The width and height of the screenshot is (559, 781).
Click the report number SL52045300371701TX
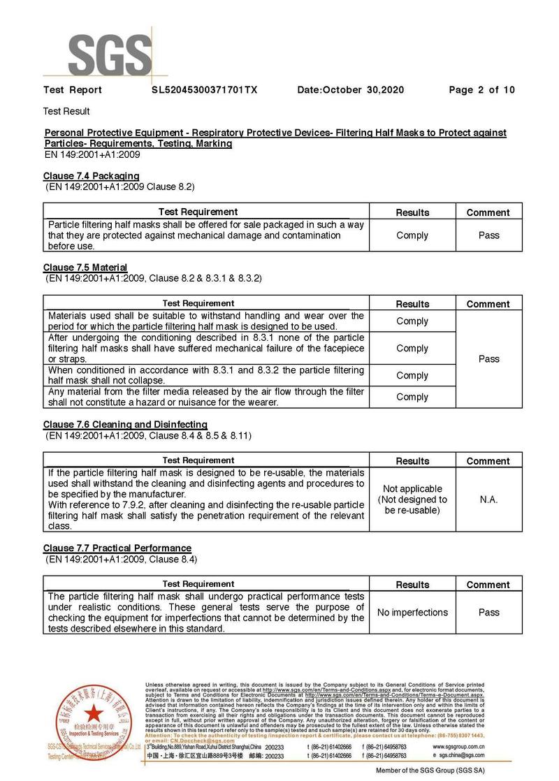click(x=205, y=90)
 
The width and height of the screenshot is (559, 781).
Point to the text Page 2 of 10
click(x=481, y=90)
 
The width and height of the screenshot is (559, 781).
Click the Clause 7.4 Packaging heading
click(x=92, y=176)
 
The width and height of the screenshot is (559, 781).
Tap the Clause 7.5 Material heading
click(x=85, y=268)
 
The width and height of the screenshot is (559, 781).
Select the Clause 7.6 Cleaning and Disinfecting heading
click(x=125, y=425)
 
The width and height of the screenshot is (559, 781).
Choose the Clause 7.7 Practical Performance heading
click(x=117, y=548)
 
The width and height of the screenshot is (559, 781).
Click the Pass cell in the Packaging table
click(x=488, y=235)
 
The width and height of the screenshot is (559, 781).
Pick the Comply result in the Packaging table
click(x=412, y=235)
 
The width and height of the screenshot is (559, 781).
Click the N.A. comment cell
click(x=488, y=500)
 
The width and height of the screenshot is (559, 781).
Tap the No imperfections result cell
click(x=412, y=613)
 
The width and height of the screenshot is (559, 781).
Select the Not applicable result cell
click(x=412, y=499)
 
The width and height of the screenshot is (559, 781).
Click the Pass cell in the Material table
click(x=488, y=359)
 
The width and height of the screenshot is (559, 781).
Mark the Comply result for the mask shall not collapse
click(x=412, y=375)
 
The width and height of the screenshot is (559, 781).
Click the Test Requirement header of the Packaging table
click(x=198, y=212)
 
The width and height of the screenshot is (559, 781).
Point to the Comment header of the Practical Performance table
click(x=488, y=585)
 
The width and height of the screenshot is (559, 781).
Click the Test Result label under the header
click(x=66, y=111)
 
